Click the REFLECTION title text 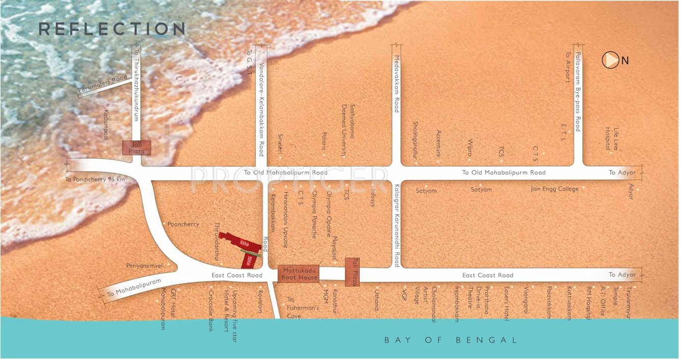pyautogui.click(x=112, y=29)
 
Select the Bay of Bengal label pyautogui.click(x=451, y=340)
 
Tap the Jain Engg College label pyautogui.click(x=555, y=189)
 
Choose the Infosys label pyautogui.click(x=373, y=197)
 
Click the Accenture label pyautogui.click(x=438, y=143)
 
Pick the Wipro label pyautogui.click(x=469, y=148)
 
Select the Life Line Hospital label pyautogui.click(x=612, y=138)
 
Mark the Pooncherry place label pyautogui.click(x=183, y=224)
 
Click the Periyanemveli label pyautogui.click(x=145, y=266)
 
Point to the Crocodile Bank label pyautogui.click(x=211, y=311)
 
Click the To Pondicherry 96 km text pyautogui.click(x=95, y=179)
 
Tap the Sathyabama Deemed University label pyautogui.click(x=348, y=131)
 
